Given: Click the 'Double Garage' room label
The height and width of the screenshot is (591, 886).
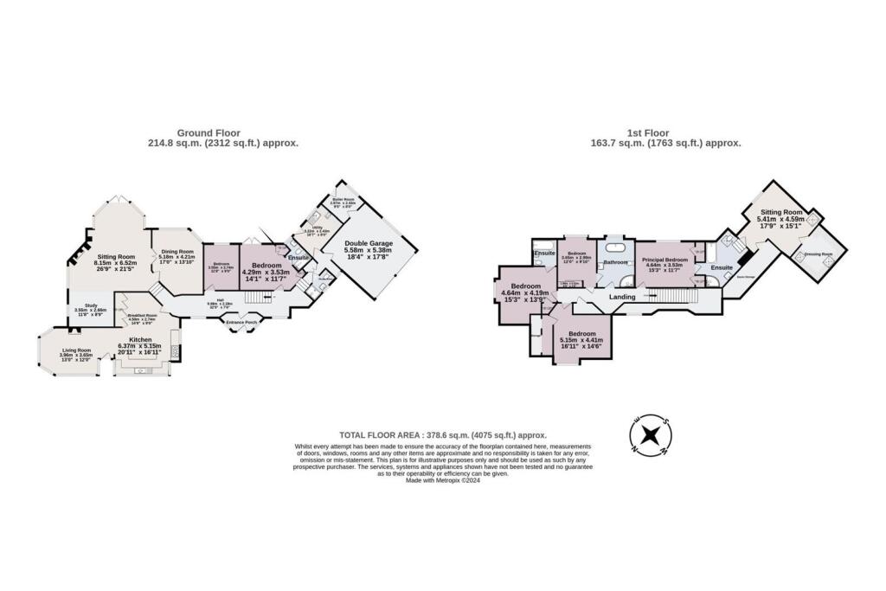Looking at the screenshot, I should click(368, 245).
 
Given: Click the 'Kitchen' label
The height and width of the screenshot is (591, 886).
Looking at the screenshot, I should click(140, 340).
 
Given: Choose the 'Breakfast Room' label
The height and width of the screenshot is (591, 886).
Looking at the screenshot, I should click(140, 316).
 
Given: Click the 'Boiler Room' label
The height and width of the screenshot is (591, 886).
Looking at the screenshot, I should click(350, 200).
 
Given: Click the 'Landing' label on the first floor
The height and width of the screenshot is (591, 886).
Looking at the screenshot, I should click(622, 297).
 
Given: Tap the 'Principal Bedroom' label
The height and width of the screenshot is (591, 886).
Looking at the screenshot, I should click(665, 259).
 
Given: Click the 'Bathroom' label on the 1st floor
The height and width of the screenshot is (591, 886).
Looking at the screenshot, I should click(615, 262).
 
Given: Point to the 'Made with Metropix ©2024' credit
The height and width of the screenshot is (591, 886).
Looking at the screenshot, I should click(442, 481).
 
